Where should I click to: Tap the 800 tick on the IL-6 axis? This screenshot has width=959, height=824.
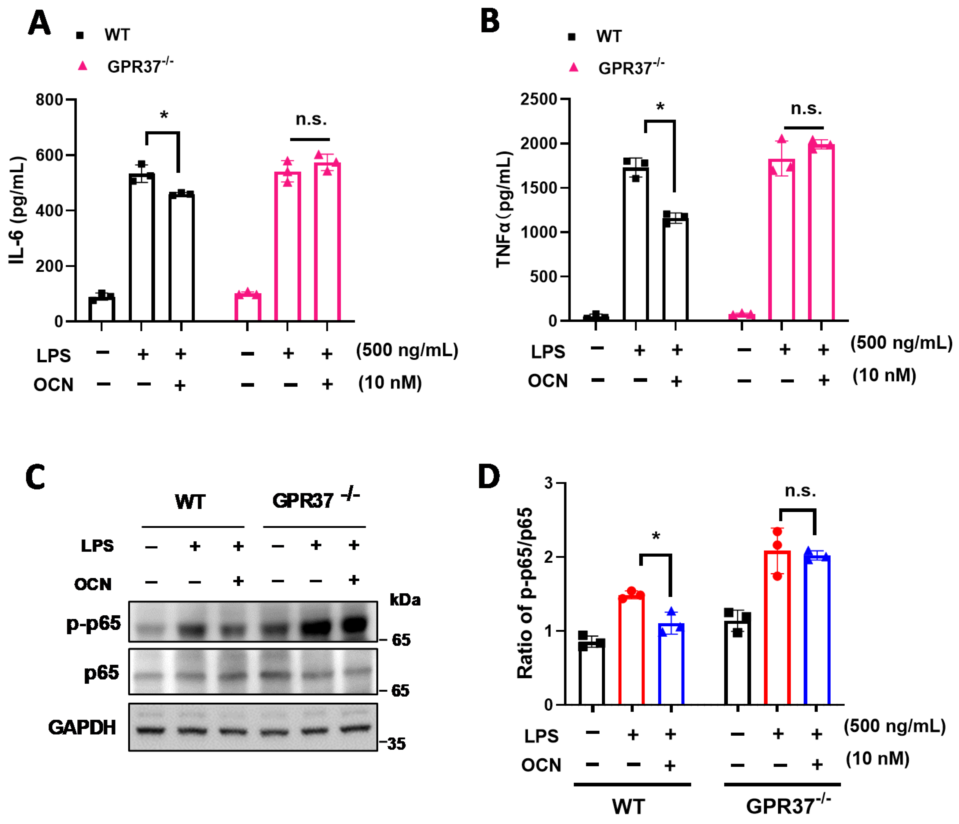49,100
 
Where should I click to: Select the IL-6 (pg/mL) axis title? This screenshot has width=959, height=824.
17,211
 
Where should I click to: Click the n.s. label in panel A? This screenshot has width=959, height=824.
311,119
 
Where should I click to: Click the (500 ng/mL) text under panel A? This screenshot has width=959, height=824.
407,350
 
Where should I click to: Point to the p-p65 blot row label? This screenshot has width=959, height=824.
94,623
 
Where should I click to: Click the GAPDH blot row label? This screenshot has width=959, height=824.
82,727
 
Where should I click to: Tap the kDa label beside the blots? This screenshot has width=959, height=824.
405,600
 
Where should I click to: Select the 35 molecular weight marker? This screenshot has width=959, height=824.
396,744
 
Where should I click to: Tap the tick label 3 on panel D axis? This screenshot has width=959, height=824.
549,483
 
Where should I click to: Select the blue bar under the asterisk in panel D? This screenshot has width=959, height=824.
671,664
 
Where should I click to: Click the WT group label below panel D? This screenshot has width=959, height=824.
628,806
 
